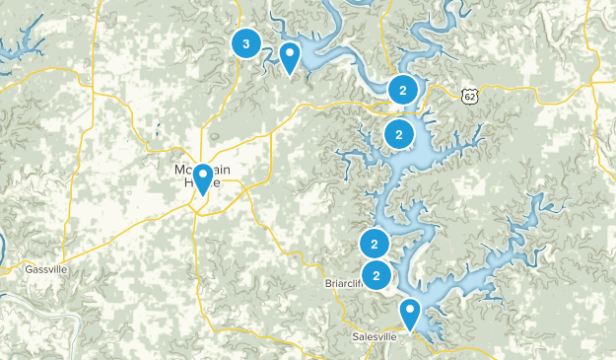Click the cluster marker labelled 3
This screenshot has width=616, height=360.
(245, 43)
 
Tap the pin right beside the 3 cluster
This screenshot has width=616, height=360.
(290, 56)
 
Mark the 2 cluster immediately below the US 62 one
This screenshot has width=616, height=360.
(398, 134)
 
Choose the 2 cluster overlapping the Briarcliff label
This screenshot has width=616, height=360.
(376, 274)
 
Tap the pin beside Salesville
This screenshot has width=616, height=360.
(410, 314)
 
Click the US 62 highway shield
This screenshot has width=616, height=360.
(468, 95)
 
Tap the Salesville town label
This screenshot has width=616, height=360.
(374, 336)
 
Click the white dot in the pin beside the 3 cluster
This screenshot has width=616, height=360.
(290, 51)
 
